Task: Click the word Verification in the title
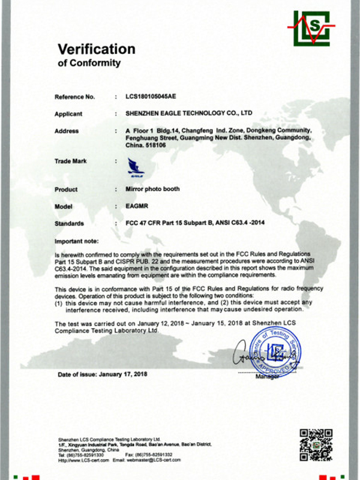coord(97,49)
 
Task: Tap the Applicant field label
coord(68,113)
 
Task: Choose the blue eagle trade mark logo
coord(136,166)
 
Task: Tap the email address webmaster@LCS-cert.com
coord(157,459)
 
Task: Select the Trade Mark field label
coord(71,161)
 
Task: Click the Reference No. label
coord(74,96)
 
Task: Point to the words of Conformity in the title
coord(89,63)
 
